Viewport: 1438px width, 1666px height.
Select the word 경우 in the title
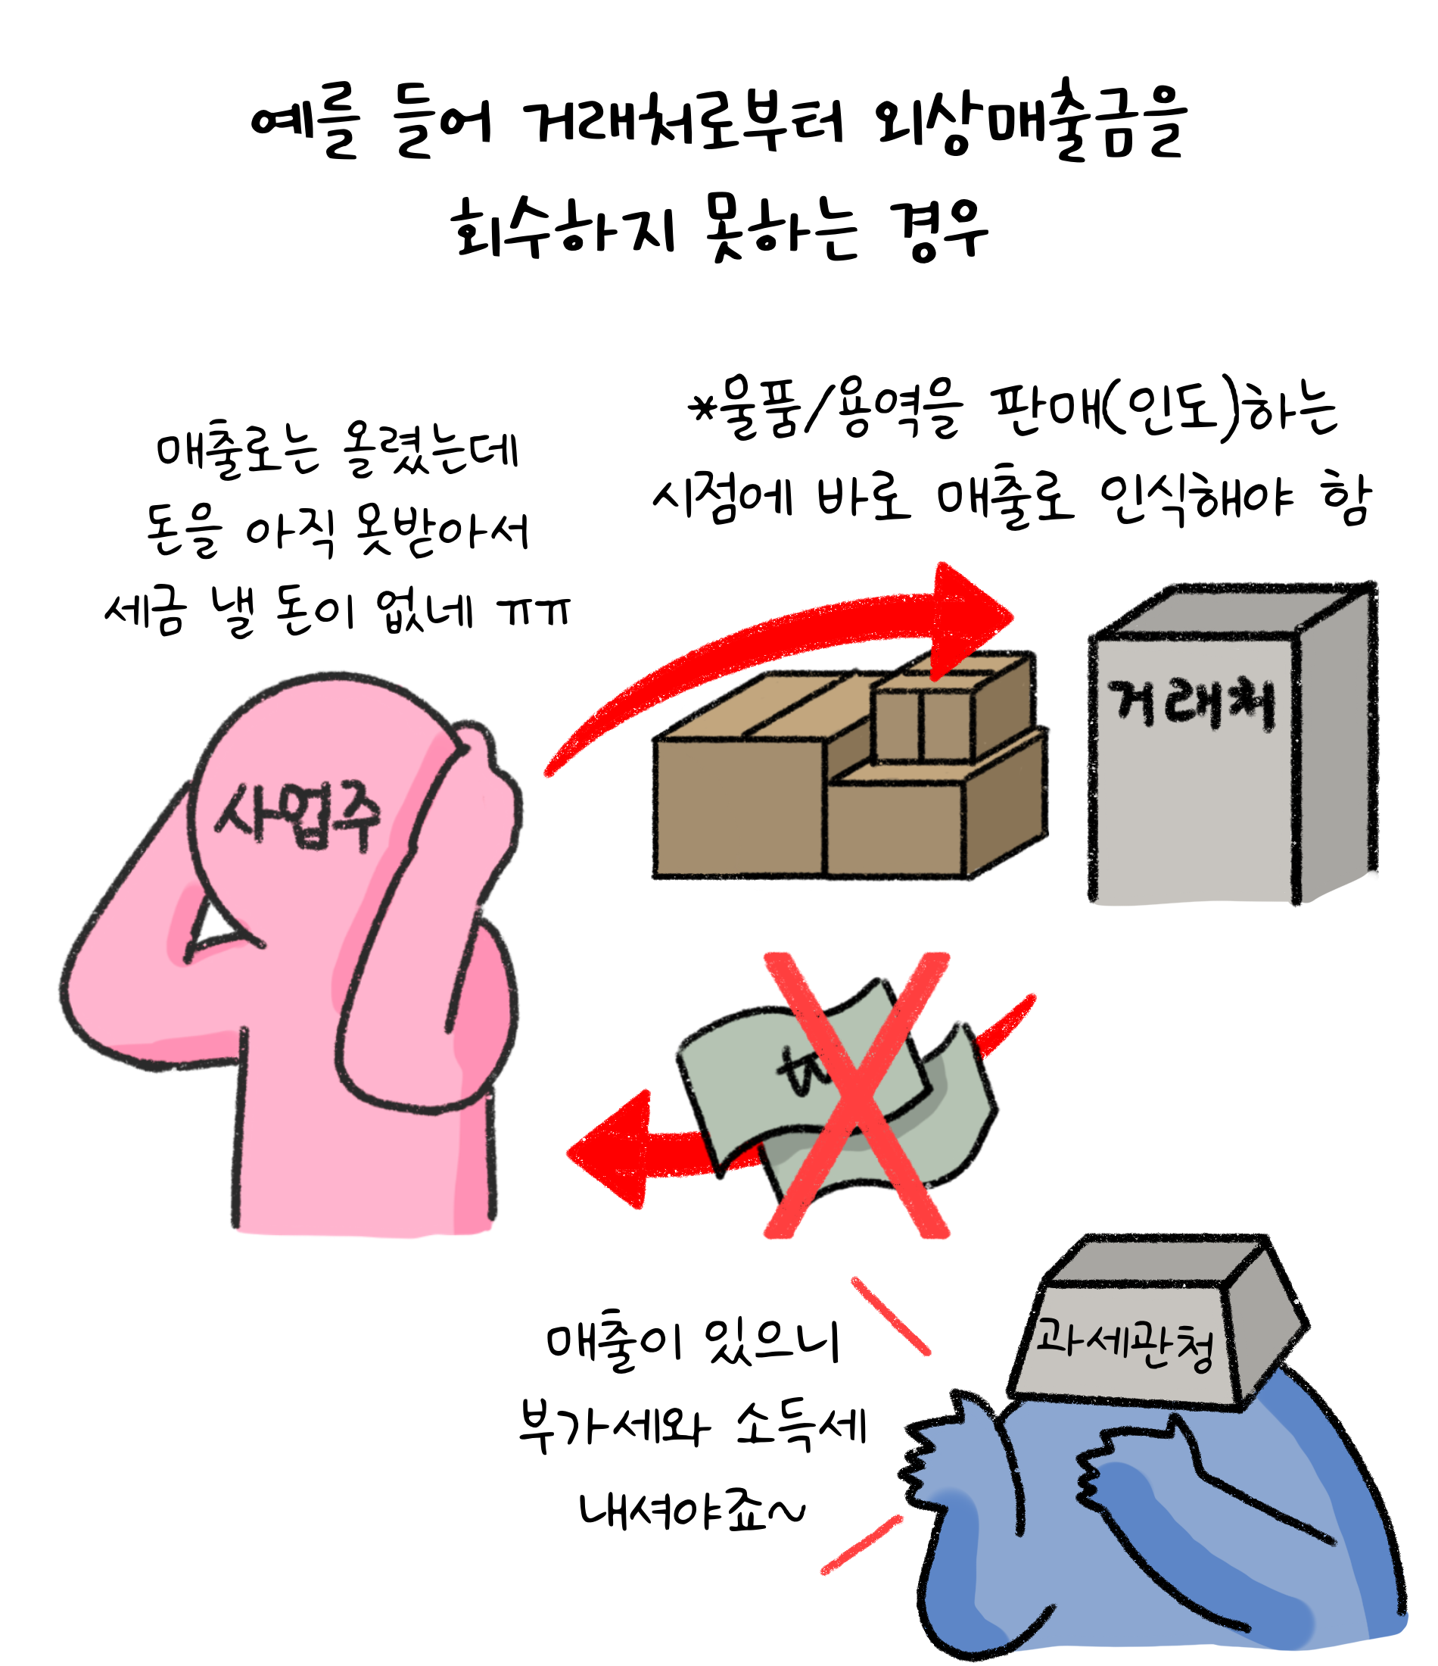(x=938, y=231)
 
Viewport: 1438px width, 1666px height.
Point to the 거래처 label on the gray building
(x=1191, y=704)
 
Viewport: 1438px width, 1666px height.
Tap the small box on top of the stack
(x=924, y=716)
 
